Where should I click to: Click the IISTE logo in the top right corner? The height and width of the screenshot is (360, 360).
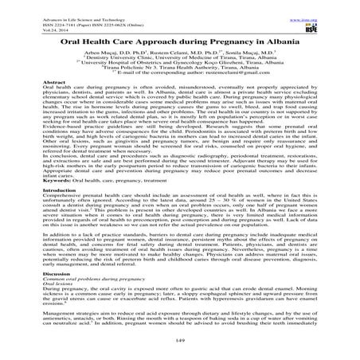click(335, 18)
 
